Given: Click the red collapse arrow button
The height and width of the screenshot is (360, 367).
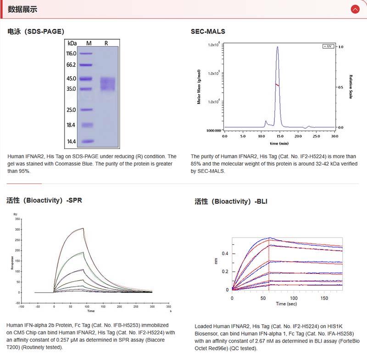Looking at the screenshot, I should (x=355, y=9).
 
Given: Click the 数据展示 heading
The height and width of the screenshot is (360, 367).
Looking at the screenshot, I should (x=22, y=9).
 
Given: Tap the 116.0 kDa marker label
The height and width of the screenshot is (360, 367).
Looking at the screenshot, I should (x=71, y=53).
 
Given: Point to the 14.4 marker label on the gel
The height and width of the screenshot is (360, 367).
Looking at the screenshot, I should (x=71, y=142).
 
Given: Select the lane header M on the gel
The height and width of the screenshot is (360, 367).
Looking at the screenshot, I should (x=89, y=43).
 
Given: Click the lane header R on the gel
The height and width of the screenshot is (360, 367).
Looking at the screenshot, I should (x=106, y=43).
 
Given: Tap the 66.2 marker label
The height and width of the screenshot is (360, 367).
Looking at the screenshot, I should (x=71, y=65).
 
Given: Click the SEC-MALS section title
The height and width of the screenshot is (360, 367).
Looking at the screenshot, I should (x=208, y=32).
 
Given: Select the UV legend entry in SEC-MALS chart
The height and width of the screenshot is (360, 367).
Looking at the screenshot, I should (x=328, y=46).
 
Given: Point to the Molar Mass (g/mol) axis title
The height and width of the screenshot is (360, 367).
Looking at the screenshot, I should (x=199, y=87).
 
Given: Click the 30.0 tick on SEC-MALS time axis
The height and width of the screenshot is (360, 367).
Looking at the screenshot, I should (x=334, y=136).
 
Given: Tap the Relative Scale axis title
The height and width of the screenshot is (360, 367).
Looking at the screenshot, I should (x=351, y=87).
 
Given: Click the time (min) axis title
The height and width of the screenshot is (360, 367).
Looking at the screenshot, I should (x=279, y=143).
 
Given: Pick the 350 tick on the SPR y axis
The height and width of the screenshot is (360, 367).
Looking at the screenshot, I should (x=17, y=220).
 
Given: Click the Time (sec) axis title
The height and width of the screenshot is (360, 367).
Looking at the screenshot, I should (x=287, y=304).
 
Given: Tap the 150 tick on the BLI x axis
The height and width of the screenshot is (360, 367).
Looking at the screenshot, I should (x=324, y=298).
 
